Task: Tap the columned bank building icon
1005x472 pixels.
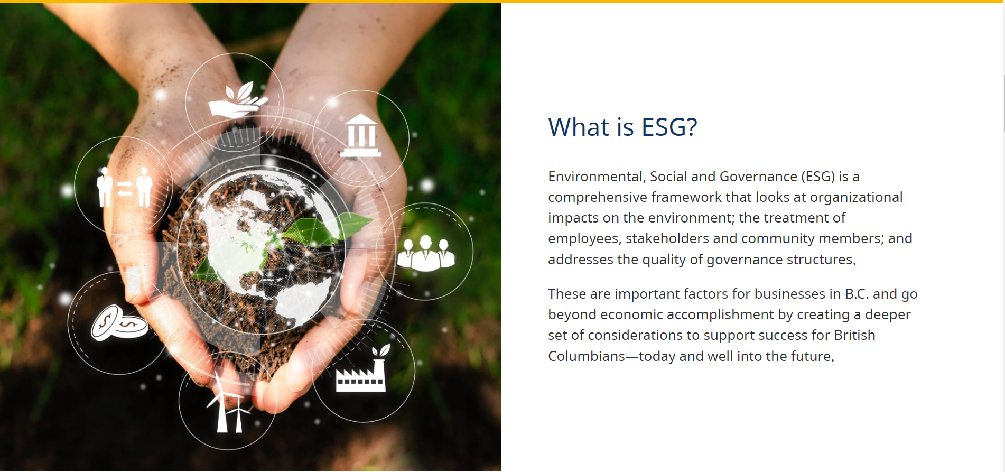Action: click(361, 135)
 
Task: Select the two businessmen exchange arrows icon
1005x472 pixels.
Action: click(124, 187)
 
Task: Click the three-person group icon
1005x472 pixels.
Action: click(426, 254)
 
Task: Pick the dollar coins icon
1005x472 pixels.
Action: click(119, 322)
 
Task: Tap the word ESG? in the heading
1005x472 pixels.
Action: click(669, 127)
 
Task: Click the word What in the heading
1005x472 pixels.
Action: click(579, 127)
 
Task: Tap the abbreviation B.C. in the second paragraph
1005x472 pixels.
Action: click(857, 294)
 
